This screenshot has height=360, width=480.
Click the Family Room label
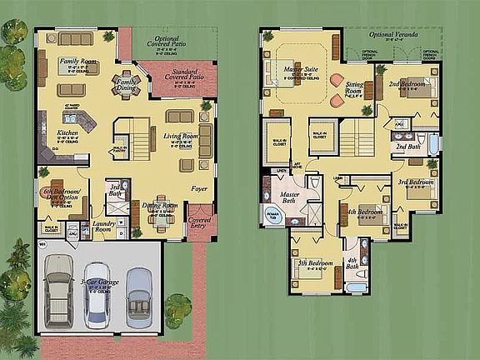[77, 61]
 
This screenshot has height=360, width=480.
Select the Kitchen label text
[67, 133]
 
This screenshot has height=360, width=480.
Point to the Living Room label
[178, 135]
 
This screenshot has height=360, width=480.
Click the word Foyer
[198, 188]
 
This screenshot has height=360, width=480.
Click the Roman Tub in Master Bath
[274, 214]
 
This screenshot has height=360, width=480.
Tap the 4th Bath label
[352, 267]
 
